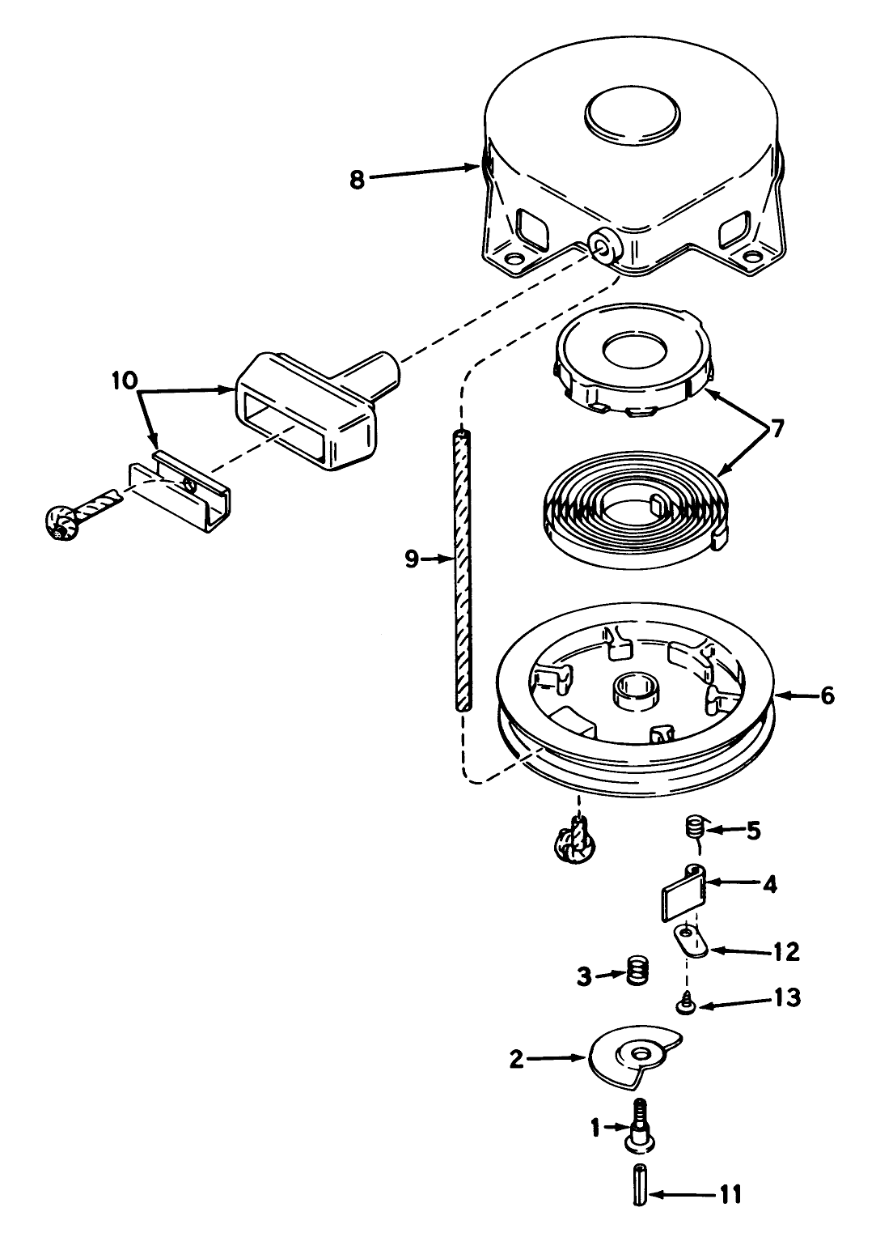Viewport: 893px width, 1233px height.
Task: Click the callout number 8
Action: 358,180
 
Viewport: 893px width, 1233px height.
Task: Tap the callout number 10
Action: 125,381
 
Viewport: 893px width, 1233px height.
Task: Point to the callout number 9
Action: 413,560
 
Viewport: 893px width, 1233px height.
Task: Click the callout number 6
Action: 827,695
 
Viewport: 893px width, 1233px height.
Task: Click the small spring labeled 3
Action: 638,971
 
